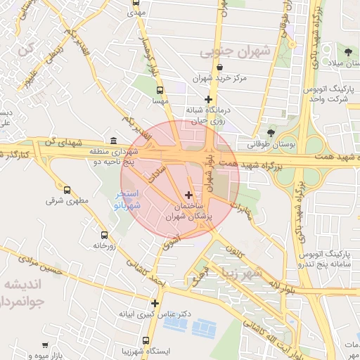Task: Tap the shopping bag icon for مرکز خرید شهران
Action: click(221, 67)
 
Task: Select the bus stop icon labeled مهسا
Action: click(160, 90)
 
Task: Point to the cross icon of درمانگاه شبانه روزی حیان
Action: click(208, 99)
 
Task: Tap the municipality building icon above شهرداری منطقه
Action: click(114, 140)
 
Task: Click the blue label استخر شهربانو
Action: click(129, 200)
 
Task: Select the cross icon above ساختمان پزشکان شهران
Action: click(188, 194)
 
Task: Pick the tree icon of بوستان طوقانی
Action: click(271, 132)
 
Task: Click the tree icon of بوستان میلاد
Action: click(349, 51)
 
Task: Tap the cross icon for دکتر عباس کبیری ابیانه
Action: click(155, 304)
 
